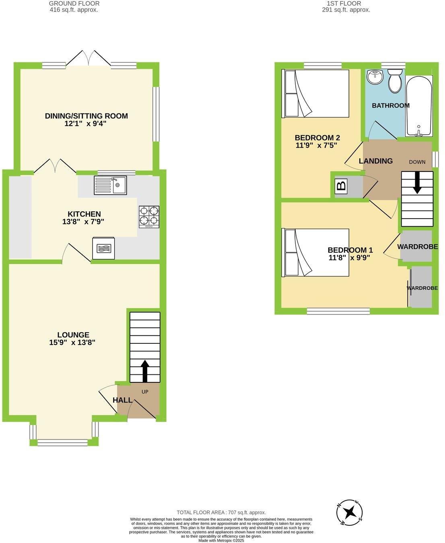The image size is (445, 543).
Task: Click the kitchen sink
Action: point(110,185)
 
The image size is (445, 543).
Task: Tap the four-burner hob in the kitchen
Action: point(149,217)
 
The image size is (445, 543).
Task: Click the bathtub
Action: point(419,105)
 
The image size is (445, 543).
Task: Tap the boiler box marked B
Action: point(341,186)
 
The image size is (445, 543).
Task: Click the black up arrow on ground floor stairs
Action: point(144,370)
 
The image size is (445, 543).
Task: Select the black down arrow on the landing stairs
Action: point(417,182)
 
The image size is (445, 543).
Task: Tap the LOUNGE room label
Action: point(73,335)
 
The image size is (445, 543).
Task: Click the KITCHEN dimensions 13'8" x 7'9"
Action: point(84,221)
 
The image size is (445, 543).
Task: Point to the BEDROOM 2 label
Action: point(315,137)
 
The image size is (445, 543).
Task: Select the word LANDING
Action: point(376,161)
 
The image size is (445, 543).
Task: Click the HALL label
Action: point(122,400)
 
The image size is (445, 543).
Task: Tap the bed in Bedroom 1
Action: point(317,253)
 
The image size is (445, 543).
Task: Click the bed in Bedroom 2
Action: point(317,93)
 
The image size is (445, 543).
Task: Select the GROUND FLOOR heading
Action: point(74,4)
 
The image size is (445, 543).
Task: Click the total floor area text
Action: point(221,512)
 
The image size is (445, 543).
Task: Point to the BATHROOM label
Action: point(390,105)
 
